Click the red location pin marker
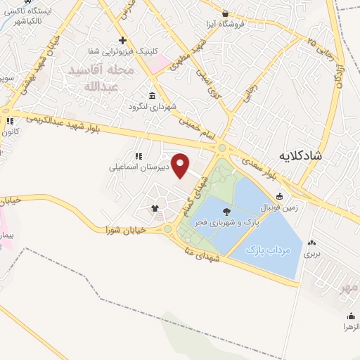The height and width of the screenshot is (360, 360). point(181,167)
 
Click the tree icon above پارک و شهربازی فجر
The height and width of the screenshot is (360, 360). point(226,210)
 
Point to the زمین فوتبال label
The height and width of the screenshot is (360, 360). point(281,208)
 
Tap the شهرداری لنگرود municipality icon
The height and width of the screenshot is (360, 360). point(152,96)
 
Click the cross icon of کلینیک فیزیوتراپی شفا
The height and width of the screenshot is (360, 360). point(123,40)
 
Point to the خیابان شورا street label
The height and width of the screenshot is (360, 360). point(126,230)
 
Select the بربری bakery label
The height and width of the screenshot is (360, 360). point(311,255)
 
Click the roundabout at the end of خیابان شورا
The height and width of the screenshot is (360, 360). point(168,229)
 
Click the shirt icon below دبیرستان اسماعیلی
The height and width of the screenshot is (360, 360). point(155,207)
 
